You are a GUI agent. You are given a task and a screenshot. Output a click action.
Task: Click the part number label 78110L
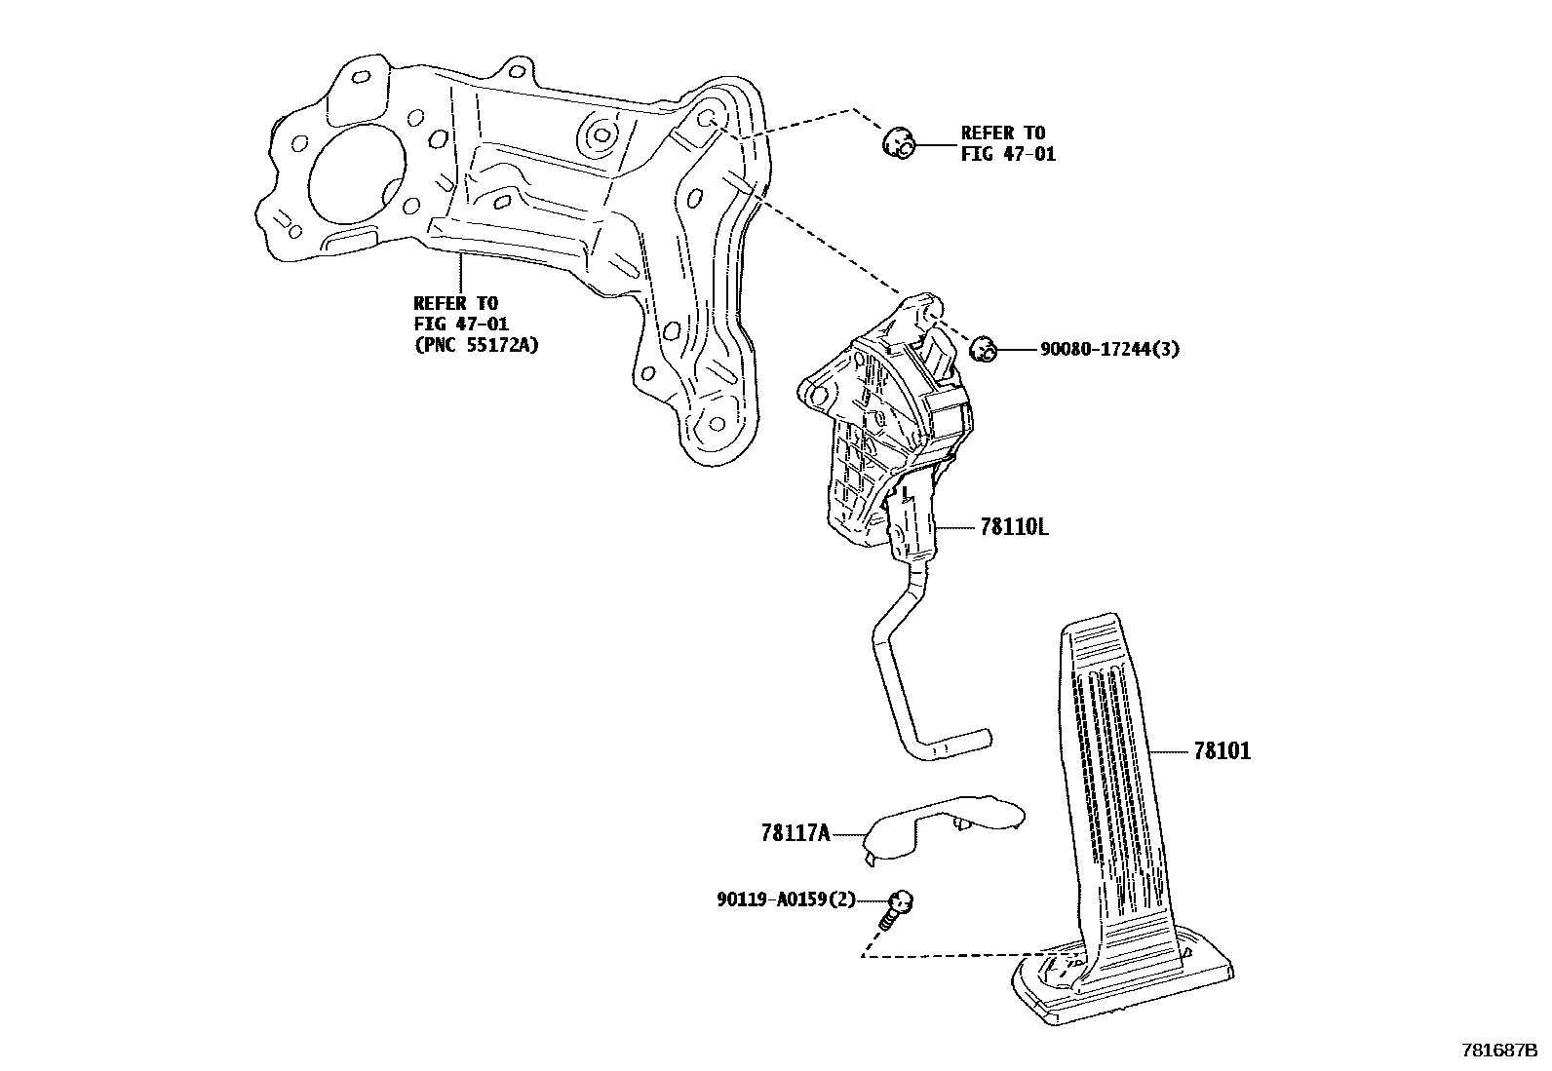pos(1015,527)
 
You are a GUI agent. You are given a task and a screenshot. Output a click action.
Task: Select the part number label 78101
pos(1222,750)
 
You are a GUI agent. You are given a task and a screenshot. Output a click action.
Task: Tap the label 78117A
pos(795,833)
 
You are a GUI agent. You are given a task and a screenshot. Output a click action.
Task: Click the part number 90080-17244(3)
pos(1109,349)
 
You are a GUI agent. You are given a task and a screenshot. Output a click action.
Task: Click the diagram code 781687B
pos(1499,1052)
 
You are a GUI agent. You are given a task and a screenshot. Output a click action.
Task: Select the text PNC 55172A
pos(477,344)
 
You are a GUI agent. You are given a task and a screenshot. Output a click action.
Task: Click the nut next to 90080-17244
pos(984,348)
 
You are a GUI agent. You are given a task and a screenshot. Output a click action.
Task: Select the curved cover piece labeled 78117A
pos(936,823)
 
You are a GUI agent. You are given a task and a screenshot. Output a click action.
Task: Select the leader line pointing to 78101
pos(1170,750)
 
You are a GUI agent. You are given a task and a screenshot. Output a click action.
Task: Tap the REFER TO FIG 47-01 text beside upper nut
pos(1007,143)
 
